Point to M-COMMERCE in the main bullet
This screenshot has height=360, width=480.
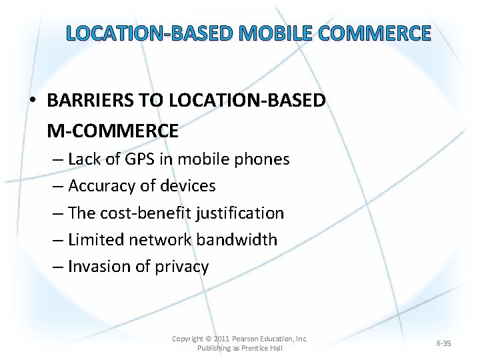pos(113,131)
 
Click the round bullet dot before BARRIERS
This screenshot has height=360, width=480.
pos(33,101)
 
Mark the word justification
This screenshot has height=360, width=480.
pos(238,213)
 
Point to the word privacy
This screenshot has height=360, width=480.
pos(182,267)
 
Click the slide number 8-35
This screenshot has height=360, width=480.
pos(443,343)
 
